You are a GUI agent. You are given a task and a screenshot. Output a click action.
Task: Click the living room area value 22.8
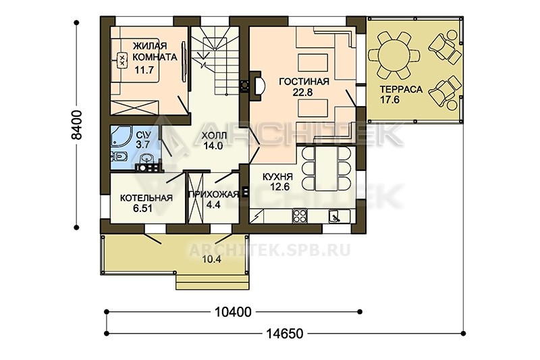tap(302, 93)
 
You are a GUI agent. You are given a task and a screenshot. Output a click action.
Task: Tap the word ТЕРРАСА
tap(401, 89)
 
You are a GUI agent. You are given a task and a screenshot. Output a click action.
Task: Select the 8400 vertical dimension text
tap(78, 125)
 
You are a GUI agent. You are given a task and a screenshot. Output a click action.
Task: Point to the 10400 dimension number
tap(233, 312)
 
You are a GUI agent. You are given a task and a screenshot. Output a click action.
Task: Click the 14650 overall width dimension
tap(285, 334)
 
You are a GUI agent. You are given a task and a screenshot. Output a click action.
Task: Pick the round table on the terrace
tap(394, 55)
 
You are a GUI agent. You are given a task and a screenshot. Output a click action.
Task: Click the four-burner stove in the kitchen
tap(300, 216)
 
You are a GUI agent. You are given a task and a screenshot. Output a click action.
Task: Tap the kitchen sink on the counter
tap(335, 216)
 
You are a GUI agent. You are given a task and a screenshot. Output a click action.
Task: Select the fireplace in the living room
tap(256, 86)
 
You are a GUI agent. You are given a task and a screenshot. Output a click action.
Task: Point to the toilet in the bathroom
tap(119, 157)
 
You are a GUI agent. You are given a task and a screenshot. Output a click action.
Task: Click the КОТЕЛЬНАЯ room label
tap(146, 198)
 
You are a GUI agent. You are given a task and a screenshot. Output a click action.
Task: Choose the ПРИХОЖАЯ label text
tap(213, 195)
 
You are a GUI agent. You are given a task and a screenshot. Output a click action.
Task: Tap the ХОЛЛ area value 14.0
tap(213, 146)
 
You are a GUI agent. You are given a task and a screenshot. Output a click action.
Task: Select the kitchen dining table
tap(326, 169)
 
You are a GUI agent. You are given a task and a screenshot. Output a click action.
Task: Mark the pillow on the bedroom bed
tap(122, 60)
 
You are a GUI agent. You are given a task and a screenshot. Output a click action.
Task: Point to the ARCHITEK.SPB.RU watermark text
tap(270, 250)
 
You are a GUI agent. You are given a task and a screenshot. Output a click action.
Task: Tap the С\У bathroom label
tap(142, 134)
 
